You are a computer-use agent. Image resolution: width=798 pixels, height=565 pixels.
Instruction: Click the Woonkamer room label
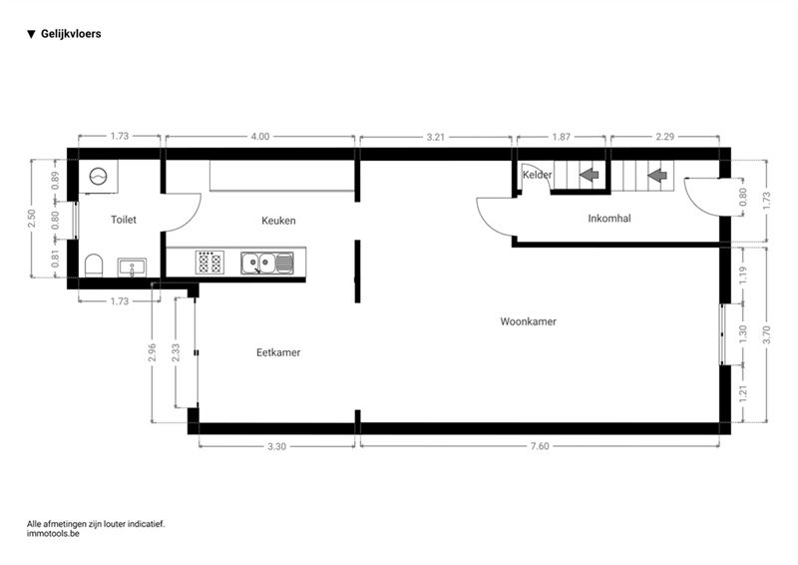point(528,321)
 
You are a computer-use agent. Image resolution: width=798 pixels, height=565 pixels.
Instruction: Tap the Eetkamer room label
point(278,352)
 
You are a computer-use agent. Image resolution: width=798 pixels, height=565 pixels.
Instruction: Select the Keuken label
point(278,221)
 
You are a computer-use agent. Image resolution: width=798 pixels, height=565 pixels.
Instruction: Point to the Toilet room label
point(124,220)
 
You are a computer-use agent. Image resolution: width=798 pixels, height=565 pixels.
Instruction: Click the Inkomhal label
point(609,219)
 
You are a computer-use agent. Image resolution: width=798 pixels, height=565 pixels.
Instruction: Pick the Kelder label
point(537,175)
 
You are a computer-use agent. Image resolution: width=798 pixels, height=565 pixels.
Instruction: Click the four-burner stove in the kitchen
point(209,263)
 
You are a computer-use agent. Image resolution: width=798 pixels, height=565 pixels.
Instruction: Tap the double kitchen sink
point(267,263)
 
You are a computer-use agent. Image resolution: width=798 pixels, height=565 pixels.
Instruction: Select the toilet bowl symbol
point(94,266)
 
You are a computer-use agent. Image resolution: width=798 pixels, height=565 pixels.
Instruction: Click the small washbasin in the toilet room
point(132,268)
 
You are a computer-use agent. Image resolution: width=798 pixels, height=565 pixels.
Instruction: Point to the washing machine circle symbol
point(98,177)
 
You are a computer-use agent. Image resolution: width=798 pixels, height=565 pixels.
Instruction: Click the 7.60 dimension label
point(540,446)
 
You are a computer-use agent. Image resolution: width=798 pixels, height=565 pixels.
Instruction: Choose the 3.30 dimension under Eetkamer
point(277,446)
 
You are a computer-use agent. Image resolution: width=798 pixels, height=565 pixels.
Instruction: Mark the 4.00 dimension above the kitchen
point(260,137)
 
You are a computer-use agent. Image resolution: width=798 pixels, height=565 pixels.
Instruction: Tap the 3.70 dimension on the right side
point(766,334)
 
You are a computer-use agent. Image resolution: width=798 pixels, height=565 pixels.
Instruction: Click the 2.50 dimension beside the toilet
point(32,219)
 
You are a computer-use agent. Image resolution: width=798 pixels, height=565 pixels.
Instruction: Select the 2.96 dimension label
point(152,352)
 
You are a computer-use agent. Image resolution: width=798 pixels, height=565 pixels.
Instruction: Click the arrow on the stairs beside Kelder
point(589,176)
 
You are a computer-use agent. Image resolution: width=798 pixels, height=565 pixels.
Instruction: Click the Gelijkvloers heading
point(71,34)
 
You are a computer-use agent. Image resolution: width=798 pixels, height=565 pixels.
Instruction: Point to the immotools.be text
point(53,534)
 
